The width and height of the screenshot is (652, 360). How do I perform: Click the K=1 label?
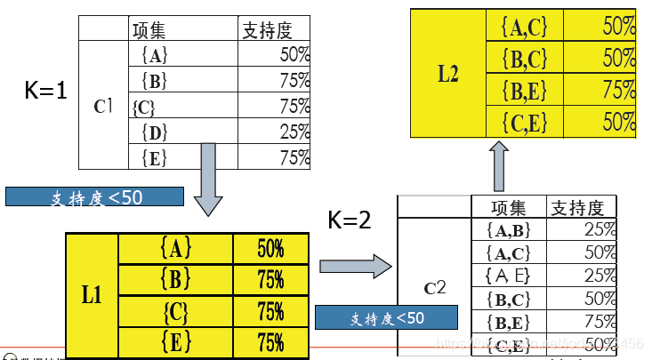click(46, 91)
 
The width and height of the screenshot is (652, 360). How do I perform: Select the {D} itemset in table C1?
click(154, 132)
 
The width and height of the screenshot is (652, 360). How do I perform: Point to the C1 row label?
click(104, 106)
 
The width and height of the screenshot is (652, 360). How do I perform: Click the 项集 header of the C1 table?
click(149, 29)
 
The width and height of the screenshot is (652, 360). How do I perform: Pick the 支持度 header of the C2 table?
click(577, 208)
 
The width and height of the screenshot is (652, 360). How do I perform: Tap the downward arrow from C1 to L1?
click(207, 178)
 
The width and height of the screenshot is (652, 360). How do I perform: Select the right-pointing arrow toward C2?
click(355, 264)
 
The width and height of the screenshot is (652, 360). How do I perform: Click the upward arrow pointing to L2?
click(499, 166)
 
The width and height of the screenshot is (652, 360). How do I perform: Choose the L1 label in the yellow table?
click(92, 293)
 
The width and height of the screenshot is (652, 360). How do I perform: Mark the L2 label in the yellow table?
click(448, 74)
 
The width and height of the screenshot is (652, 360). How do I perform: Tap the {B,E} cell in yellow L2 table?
click(525, 91)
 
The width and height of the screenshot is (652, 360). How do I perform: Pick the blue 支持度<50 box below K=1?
click(94, 196)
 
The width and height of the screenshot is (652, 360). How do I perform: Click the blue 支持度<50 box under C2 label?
click(386, 317)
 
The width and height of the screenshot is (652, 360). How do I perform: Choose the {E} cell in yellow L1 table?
click(175, 341)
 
